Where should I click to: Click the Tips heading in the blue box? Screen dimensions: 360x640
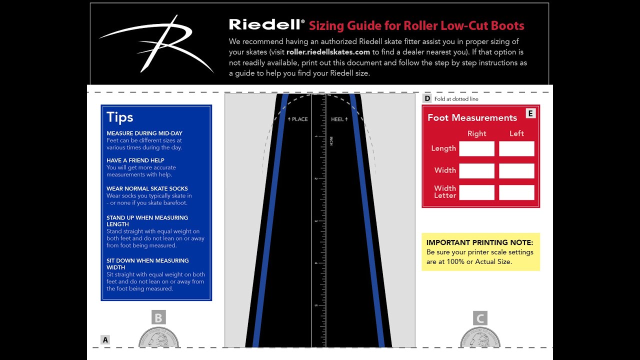120,117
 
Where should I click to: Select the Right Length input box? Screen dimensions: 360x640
476,148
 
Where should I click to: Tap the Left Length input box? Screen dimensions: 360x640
516,148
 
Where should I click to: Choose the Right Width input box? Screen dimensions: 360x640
476,170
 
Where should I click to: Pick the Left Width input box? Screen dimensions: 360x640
516,170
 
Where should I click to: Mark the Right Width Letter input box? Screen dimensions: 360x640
476,192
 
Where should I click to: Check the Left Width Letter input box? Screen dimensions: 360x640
516,192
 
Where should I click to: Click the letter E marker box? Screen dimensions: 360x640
530,113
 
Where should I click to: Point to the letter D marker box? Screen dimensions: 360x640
427,98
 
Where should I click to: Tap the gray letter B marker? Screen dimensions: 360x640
158,317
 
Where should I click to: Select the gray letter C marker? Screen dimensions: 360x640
480,318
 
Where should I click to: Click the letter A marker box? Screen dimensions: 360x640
105,340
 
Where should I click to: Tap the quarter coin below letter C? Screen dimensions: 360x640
480,338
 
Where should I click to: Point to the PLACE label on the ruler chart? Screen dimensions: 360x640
298,119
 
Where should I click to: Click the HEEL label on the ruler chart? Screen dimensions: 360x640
339,119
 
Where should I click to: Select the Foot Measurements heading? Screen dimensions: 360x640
472,118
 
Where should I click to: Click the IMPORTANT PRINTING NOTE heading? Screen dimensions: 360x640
480,242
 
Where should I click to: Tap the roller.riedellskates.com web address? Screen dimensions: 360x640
328,52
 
